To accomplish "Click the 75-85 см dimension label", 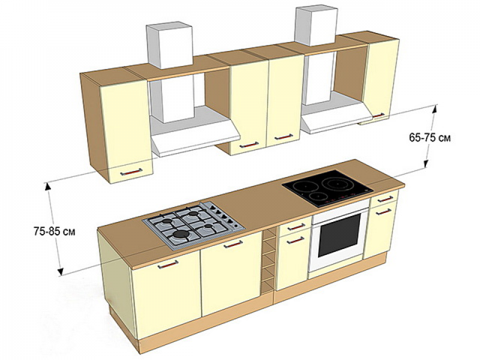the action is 54,231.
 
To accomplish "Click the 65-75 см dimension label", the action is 430,138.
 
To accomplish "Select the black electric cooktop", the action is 328,188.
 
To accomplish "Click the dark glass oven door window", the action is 339,235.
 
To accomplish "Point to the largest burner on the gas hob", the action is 181,235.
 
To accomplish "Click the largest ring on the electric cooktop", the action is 337,183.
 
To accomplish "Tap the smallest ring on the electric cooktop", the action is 317,196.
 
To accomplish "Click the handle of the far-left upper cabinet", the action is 131,172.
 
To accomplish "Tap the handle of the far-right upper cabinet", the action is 378,115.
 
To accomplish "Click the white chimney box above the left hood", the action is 170,46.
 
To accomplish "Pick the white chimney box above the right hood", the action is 316,26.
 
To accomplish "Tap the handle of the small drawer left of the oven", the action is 296,227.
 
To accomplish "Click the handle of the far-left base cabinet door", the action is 168,265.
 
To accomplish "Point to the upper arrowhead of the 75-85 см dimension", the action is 47,186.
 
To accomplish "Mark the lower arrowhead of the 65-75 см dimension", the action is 426,164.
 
